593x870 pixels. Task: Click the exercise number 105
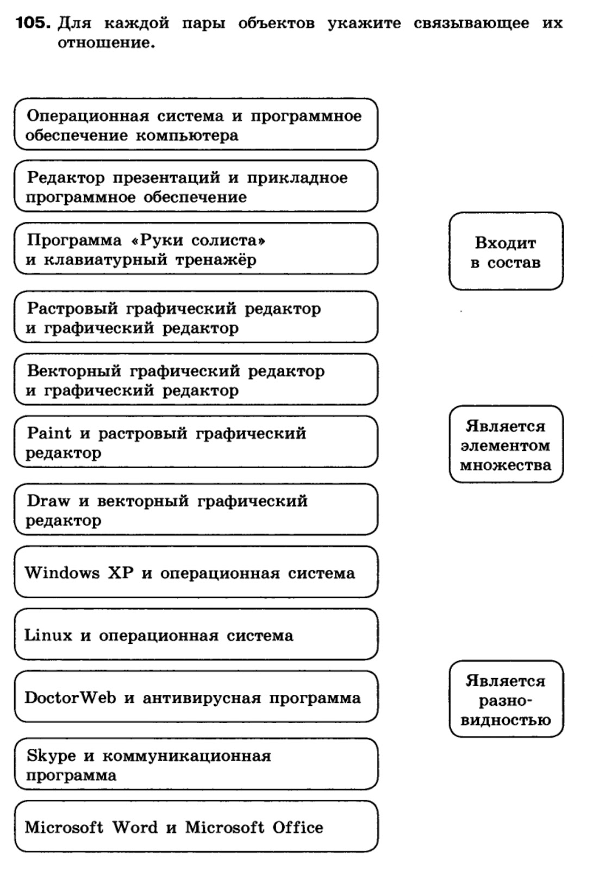click(33, 23)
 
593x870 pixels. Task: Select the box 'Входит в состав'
click(505, 251)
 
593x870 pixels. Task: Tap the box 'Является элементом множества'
click(505, 444)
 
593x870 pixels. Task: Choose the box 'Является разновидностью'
click(505, 699)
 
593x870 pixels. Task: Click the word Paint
click(49, 433)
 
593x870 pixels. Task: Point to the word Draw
click(49, 501)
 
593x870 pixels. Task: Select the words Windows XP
click(79, 573)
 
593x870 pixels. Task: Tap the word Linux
click(48, 635)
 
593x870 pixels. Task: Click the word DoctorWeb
click(70, 698)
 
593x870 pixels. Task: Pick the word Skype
click(51, 756)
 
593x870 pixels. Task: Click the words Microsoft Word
click(91, 828)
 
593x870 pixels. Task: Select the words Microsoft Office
click(254, 828)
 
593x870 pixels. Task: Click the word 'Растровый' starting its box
click(72, 309)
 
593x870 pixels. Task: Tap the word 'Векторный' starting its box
click(74, 371)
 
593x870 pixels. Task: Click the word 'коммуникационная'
click(186, 756)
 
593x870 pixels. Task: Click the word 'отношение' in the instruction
click(106, 43)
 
